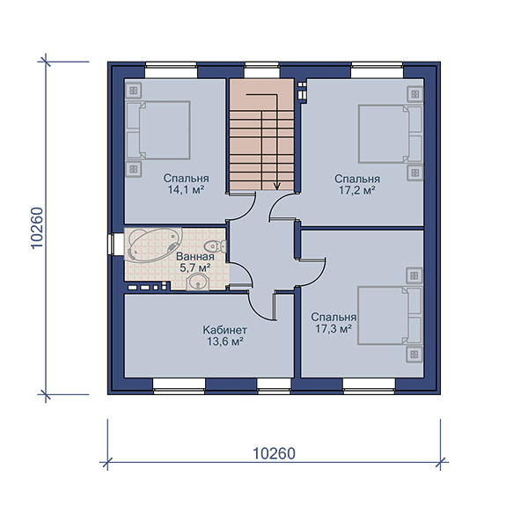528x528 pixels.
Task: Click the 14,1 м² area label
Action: pos(186,190)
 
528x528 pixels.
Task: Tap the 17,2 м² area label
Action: pos(357,191)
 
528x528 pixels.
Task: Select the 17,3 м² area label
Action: pos(334,328)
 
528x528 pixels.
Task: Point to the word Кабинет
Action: pos(224,330)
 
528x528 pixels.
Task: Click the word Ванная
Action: pos(195,257)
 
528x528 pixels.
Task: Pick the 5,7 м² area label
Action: pos(195,268)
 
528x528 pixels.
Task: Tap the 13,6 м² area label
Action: pos(225,341)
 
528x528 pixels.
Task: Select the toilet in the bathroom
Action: pos(216,246)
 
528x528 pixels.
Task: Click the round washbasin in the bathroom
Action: pos(198,282)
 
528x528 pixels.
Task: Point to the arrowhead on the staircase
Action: pos(277,186)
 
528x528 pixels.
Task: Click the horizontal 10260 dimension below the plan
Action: pos(274,453)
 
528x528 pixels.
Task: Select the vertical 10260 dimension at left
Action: pos(37,228)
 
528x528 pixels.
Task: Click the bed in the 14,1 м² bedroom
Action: pos(158,130)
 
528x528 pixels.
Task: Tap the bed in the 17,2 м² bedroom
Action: pos(390,134)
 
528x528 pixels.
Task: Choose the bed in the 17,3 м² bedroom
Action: pos(390,316)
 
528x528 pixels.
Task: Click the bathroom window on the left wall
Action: pos(113,244)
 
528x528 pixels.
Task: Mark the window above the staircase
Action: pos(261,70)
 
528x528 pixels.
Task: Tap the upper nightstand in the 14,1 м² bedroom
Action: pos(134,91)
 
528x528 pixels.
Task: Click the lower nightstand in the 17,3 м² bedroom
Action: pos(414,355)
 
